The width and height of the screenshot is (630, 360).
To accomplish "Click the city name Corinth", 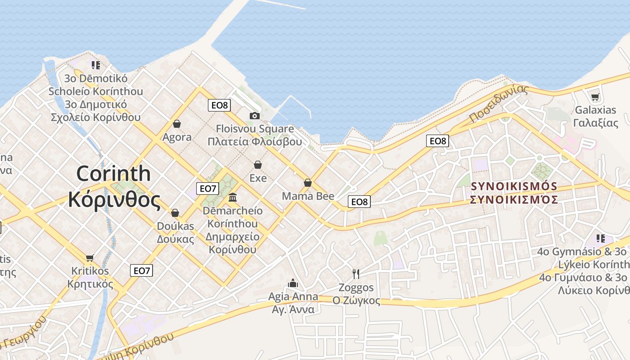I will pyautogui.click(x=113, y=173).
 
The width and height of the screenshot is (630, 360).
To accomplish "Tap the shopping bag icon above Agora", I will pyautogui.click(x=177, y=124).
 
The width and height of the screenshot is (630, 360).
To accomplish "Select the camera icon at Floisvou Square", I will pyautogui.click(x=255, y=116).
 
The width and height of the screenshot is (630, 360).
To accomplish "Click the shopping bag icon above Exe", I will pyautogui.click(x=258, y=165).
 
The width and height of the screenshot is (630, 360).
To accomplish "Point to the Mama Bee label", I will pyautogui.click(x=308, y=196).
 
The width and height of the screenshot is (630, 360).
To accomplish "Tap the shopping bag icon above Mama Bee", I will pyautogui.click(x=308, y=183).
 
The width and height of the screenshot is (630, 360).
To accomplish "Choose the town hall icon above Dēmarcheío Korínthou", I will pyautogui.click(x=233, y=197).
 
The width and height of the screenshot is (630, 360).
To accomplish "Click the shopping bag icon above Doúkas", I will pyautogui.click(x=175, y=213).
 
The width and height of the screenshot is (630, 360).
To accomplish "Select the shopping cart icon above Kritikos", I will pyautogui.click(x=90, y=258).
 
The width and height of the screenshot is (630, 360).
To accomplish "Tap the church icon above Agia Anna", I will pyautogui.click(x=293, y=283).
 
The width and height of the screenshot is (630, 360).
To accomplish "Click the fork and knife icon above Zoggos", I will pyautogui.click(x=356, y=274).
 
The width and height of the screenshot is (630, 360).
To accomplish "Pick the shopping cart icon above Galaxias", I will pyautogui.click(x=595, y=96).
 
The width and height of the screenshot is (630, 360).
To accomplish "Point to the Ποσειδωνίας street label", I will pyautogui.click(x=498, y=103).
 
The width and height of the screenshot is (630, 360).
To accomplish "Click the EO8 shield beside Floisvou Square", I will pyautogui.click(x=220, y=105).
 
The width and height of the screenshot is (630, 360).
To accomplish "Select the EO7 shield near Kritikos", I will pyautogui.click(x=142, y=270).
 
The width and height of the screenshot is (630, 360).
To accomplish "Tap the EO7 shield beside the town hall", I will pyautogui.click(x=207, y=189).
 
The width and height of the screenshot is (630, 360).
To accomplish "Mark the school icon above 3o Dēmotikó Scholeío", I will pyautogui.click(x=95, y=65).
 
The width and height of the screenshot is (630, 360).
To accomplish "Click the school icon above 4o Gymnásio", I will pyautogui.click(x=601, y=238).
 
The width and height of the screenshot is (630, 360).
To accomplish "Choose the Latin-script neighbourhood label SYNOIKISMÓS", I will pyautogui.click(x=514, y=186).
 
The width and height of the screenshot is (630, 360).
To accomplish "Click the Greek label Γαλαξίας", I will pyautogui.click(x=596, y=123).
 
